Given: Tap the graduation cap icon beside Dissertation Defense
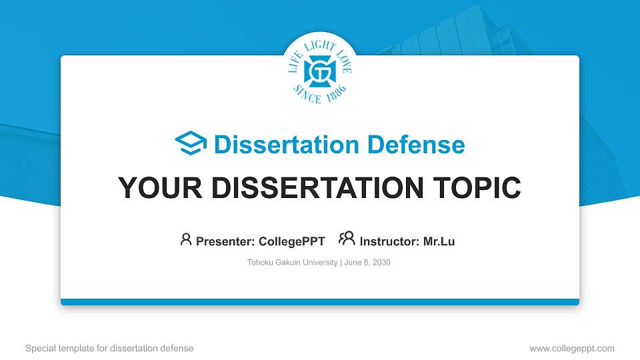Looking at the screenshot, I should click(191, 144).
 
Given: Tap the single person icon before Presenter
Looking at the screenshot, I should click(186, 240).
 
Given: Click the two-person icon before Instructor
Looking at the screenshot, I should click(347, 240).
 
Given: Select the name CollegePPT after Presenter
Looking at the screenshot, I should click(292, 241).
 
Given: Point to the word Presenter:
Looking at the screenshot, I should click(225, 241).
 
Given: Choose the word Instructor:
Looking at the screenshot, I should click(390, 241).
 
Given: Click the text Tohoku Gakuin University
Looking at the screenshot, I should click(293, 263).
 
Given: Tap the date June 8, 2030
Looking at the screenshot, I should click(367, 263).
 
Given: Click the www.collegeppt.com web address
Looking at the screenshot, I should click(571, 348).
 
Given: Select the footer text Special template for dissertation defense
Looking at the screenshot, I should click(109, 348).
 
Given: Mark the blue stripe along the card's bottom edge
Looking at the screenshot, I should click(320, 302).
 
